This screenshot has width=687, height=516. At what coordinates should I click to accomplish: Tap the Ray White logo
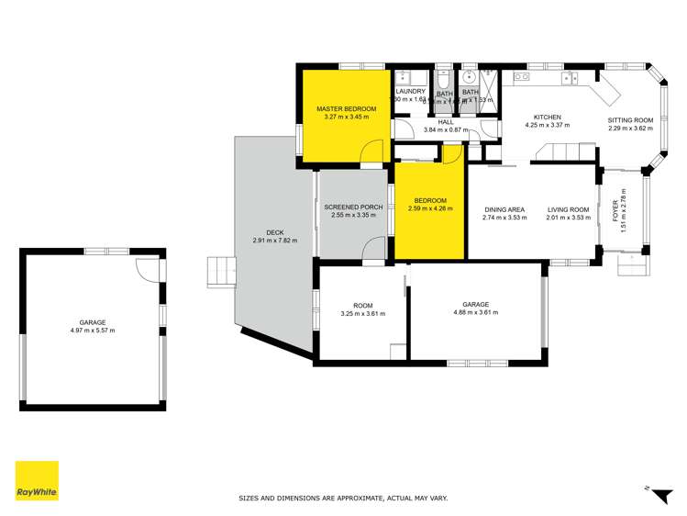click(37, 481)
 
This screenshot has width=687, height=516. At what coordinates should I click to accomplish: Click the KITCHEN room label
click(548, 118)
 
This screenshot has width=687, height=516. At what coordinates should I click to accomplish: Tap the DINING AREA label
click(504, 210)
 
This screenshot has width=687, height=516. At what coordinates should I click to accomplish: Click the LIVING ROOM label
click(568, 210)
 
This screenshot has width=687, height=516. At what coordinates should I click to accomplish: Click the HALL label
click(446, 121)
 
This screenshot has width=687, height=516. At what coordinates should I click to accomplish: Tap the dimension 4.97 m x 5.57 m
click(93, 331)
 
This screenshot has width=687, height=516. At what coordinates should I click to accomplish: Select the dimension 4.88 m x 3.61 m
click(475, 313)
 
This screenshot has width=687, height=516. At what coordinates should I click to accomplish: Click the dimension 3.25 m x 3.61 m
click(362, 313)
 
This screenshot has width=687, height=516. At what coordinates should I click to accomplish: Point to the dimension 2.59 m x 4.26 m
click(429, 208)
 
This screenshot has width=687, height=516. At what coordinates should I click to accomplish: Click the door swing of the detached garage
click(148, 268)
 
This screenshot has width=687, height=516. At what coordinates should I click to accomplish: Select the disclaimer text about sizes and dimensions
click(343, 499)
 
